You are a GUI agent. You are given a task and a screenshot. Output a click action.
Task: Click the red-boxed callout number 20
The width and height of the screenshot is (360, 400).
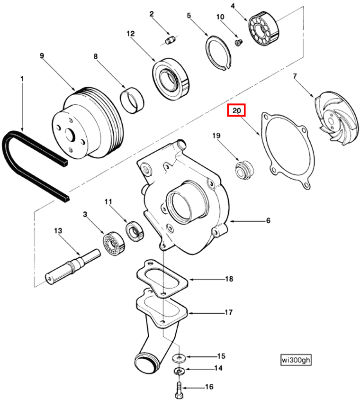coord(236,111)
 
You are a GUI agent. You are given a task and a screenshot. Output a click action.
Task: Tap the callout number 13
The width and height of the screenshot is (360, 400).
coord(58,231)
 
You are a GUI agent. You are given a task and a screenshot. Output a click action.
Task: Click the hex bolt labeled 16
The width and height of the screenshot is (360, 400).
coord(178,390)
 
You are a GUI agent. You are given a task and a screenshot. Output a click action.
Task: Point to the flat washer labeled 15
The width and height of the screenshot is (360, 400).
coord(179,356)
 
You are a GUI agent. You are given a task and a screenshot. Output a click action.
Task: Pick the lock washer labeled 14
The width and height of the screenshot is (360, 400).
coord(179,370)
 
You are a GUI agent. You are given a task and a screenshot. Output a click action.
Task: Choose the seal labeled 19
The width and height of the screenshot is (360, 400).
coord(245,170)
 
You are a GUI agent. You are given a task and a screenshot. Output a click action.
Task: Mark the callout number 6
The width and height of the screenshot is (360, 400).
coord(268,221)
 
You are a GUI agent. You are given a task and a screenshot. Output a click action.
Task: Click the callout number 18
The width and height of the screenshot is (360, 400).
coord(229,279)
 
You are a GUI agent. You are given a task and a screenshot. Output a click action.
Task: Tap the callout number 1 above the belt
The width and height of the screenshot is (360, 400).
coord(21,77)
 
